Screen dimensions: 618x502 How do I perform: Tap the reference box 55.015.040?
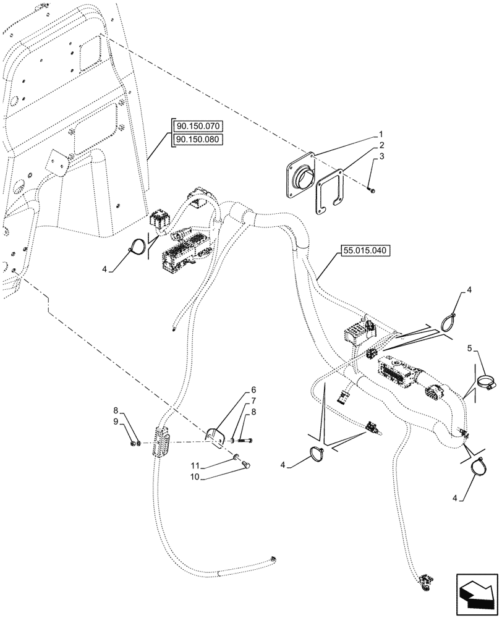coord(365,252)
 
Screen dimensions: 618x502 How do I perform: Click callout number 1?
coord(381,134)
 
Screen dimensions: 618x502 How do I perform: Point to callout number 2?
coord(381,145)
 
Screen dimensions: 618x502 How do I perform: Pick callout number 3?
coord(381,157)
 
